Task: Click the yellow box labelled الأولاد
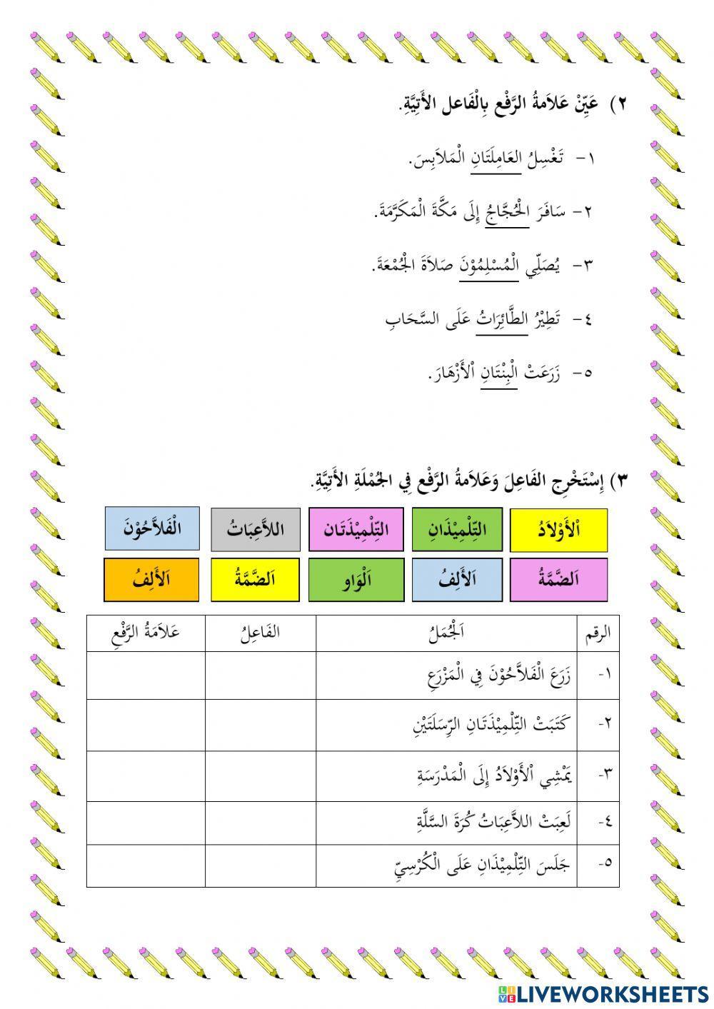tap(559, 530)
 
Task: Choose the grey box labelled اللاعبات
tap(256, 530)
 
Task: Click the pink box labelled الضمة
tap(558, 579)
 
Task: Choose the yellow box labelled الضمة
tap(255, 579)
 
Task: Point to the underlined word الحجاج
tap(506, 211)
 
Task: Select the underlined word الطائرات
tap(503, 319)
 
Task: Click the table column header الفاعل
tap(261, 633)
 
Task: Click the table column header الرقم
tap(597, 633)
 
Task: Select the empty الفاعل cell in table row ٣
tap(261, 775)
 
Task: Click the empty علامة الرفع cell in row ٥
tap(146, 865)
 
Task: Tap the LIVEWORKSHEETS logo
tap(603, 993)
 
